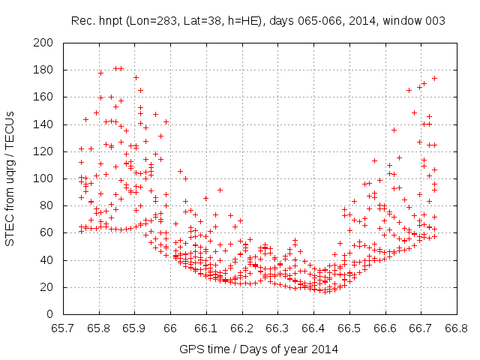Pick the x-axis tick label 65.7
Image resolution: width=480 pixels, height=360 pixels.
click(x=63, y=328)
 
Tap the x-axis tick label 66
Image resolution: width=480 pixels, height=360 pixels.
click(x=170, y=328)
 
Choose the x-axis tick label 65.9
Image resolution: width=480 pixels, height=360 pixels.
click(x=134, y=328)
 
